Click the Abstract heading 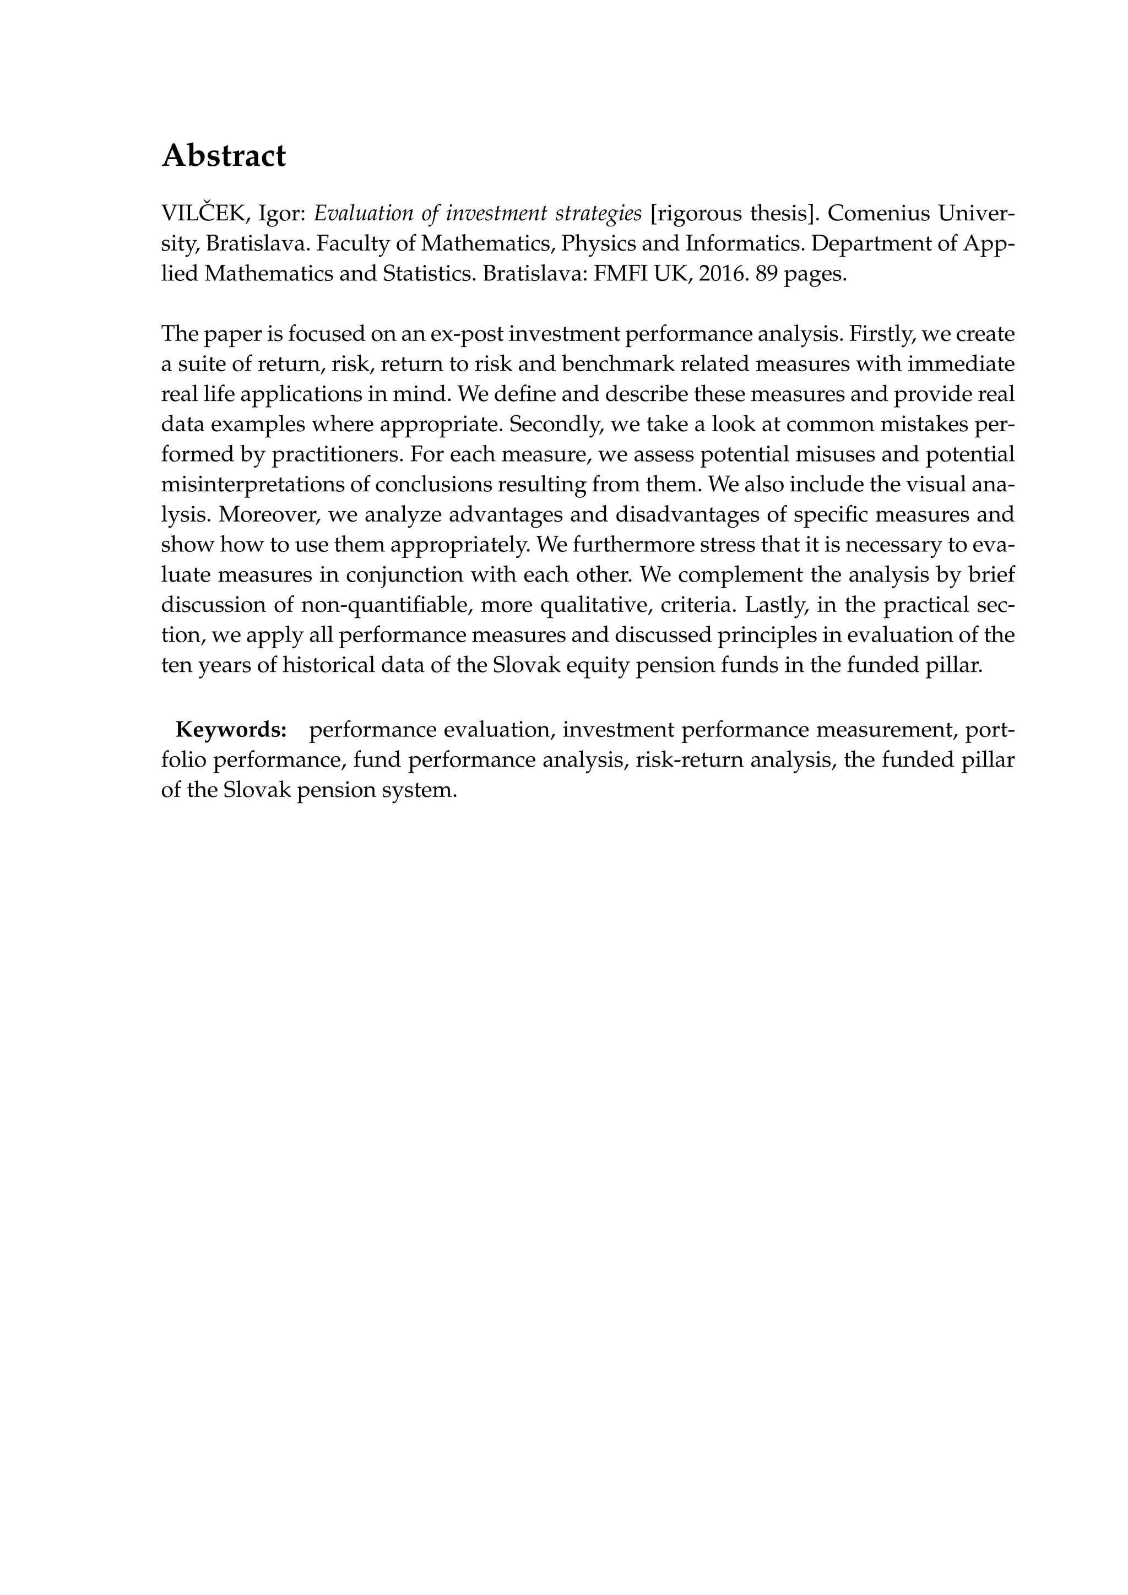click(223, 156)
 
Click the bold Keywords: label click(231, 730)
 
